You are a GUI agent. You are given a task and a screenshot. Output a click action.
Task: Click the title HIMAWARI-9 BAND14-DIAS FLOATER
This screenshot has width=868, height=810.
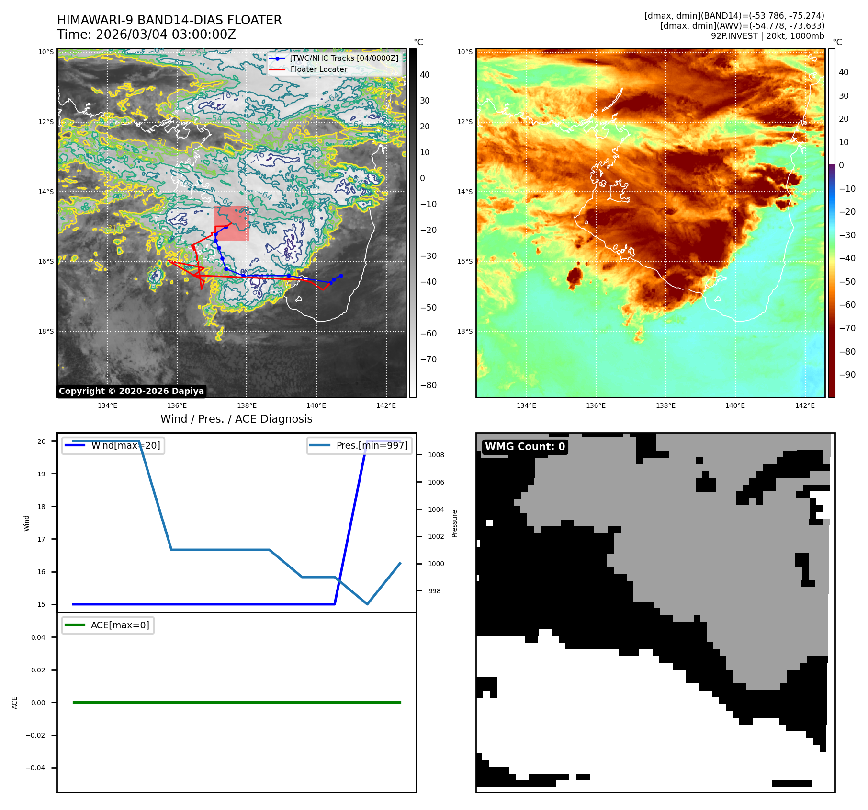(x=169, y=20)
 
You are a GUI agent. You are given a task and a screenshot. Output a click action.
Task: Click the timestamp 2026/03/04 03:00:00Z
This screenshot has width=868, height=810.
(x=166, y=35)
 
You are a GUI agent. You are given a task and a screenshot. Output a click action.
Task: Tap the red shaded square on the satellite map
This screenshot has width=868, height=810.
(x=231, y=223)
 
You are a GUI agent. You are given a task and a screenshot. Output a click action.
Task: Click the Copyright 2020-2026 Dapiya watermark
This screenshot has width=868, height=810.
(x=131, y=391)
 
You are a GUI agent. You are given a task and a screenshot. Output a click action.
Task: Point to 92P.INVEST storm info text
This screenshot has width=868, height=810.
(x=767, y=36)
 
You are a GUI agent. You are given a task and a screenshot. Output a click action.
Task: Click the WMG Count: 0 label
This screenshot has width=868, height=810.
(x=525, y=447)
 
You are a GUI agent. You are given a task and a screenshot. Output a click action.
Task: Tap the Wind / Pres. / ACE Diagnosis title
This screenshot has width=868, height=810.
(x=236, y=419)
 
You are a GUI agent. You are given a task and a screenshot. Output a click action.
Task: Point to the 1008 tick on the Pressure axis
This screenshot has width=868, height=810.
(x=436, y=455)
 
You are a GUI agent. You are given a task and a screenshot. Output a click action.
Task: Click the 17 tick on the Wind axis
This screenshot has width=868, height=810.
(x=42, y=539)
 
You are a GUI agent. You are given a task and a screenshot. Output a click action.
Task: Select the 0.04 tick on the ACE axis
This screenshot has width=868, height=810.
(x=38, y=637)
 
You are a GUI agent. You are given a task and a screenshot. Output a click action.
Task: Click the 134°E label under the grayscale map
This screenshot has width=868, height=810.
(x=107, y=405)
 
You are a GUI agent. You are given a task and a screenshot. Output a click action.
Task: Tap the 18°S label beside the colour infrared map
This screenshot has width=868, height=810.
(x=464, y=331)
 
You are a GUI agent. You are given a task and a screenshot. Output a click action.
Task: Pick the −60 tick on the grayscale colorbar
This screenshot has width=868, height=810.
(x=428, y=334)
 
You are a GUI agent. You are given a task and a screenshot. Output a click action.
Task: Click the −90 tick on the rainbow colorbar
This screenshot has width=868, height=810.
(x=847, y=375)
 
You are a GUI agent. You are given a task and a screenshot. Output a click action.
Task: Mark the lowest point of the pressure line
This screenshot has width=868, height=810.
(x=367, y=604)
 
